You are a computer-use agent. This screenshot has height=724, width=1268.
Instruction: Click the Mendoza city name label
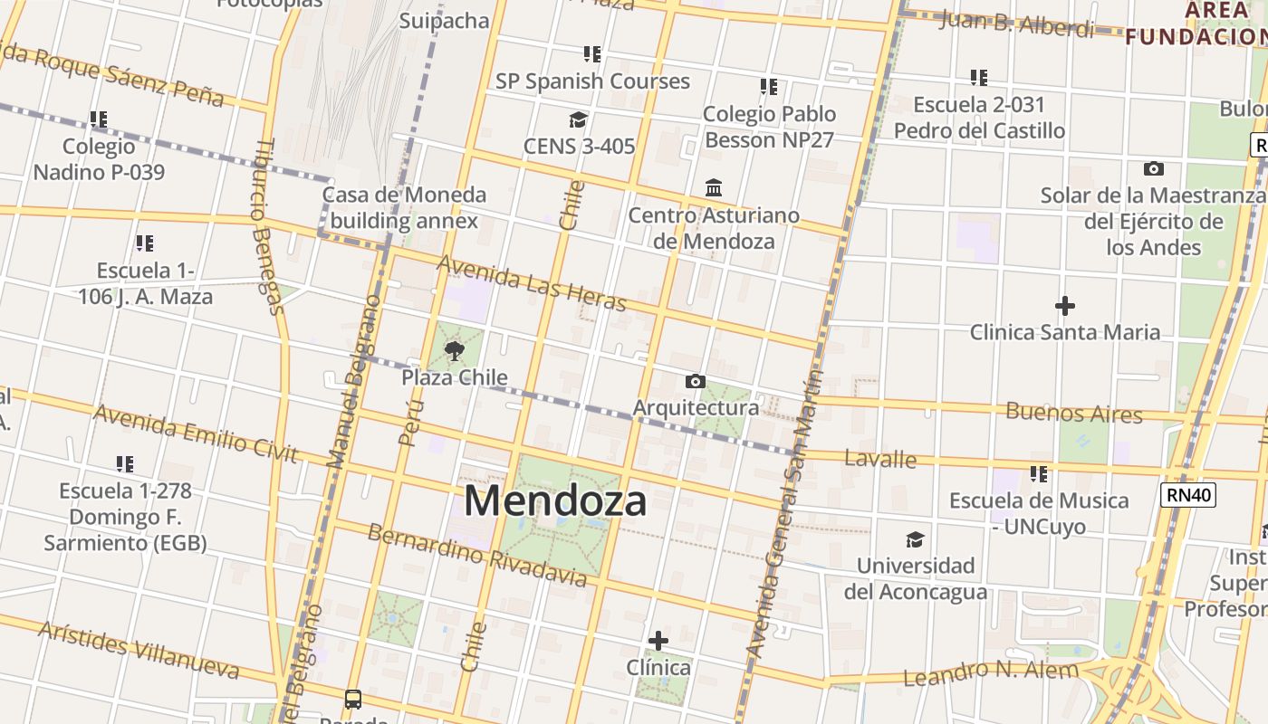(555, 500)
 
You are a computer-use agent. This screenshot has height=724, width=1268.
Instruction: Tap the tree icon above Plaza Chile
(455, 350)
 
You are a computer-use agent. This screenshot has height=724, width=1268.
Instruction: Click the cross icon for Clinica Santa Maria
(1065, 306)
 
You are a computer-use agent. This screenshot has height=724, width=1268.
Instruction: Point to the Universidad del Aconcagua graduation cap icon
(915, 539)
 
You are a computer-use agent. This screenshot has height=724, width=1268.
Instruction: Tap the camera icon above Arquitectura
(695, 381)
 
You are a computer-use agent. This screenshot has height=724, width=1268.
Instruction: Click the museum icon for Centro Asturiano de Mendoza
(714, 188)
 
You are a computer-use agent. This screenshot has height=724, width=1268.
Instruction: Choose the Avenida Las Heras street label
(532, 282)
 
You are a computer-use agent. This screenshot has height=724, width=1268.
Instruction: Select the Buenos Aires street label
(1073, 413)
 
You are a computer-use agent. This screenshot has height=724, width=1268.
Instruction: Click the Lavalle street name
(880, 459)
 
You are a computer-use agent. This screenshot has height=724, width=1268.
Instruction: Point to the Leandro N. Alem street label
(991, 673)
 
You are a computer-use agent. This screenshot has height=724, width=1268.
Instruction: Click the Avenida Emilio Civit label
(195, 433)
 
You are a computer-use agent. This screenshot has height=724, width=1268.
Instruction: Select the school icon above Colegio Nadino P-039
(99, 119)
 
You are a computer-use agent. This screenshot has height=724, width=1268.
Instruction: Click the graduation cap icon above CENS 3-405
(578, 119)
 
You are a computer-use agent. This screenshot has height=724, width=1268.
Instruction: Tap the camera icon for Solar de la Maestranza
(1153, 168)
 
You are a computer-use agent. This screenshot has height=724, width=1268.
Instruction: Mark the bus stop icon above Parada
(353, 699)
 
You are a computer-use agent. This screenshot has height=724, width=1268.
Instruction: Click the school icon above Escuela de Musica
(1038, 473)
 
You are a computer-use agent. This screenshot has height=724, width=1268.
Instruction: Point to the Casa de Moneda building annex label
(404, 207)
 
